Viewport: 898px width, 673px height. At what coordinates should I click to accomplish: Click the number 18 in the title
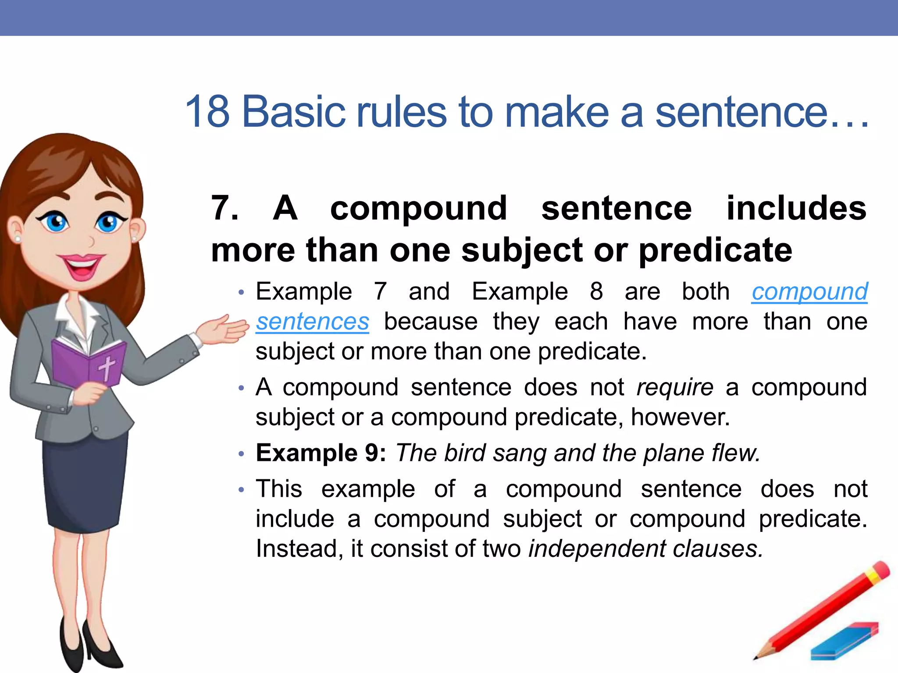207,112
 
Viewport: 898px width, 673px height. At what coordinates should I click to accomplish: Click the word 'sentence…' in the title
761,112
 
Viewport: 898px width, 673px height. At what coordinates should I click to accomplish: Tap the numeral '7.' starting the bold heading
225,208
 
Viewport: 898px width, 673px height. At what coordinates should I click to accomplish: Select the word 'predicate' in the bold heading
715,251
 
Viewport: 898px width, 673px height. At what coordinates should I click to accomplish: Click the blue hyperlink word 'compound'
809,292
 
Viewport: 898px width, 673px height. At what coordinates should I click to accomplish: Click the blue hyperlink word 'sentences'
313,322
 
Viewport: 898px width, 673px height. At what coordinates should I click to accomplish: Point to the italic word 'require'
675,388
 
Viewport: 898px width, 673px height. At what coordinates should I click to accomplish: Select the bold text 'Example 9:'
321,453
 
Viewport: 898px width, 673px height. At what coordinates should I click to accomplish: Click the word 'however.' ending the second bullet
680,417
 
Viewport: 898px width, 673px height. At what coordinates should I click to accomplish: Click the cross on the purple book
107,367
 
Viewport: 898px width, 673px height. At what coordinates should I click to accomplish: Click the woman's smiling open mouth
82,267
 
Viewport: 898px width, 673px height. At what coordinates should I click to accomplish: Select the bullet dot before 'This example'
241,490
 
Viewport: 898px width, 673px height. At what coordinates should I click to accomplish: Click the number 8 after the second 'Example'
596,292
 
